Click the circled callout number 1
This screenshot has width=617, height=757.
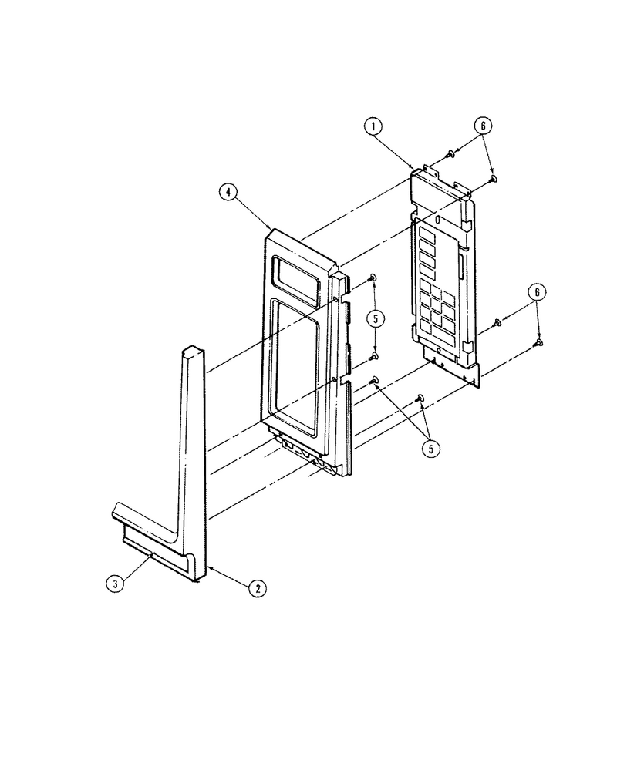pyautogui.click(x=373, y=126)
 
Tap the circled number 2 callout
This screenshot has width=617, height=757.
pyautogui.click(x=258, y=588)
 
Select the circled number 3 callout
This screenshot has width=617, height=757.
pyautogui.click(x=115, y=584)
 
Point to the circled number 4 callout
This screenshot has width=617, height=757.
pyautogui.click(x=228, y=192)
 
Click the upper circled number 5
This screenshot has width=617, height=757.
pyautogui.click(x=376, y=318)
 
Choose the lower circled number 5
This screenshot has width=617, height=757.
pyautogui.click(x=430, y=449)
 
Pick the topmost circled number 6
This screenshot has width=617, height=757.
pyautogui.click(x=483, y=126)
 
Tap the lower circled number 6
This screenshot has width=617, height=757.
pyautogui.click(x=536, y=292)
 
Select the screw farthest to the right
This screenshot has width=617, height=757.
pyautogui.click(x=538, y=343)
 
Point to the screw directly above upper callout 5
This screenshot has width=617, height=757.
pyautogui.click(x=372, y=277)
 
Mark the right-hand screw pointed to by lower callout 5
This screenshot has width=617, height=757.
pyautogui.click(x=419, y=398)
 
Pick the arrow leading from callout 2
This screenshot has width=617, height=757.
pyautogui.click(x=228, y=577)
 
